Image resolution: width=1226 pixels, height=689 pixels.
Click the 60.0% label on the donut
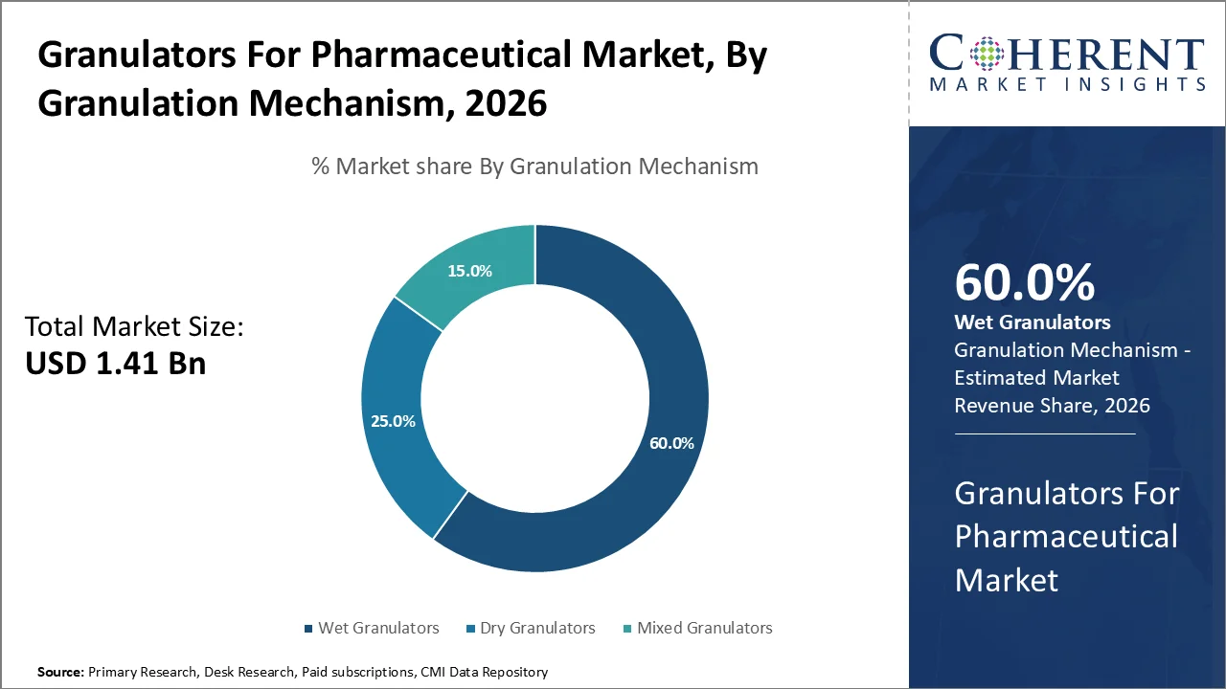pos(670,443)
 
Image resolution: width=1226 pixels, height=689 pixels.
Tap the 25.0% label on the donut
pos(393,421)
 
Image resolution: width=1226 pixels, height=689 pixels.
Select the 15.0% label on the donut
pos(469,271)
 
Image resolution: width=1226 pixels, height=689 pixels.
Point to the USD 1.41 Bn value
pos(115,364)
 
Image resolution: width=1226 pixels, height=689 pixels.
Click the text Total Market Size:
pos(134,327)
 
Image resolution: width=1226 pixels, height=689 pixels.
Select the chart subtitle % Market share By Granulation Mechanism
pos(534,166)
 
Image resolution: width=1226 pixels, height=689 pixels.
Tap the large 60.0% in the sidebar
pos(1024,282)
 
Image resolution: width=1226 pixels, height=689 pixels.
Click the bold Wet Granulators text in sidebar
pos(1033,322)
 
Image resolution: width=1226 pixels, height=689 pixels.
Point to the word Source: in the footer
pos(60,673)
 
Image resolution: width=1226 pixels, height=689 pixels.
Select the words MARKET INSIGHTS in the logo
pos(1067,85)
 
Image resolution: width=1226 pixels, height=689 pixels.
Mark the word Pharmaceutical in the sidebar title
pos(1066,536)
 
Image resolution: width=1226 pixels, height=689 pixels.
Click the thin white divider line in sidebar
pos(1044,433)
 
